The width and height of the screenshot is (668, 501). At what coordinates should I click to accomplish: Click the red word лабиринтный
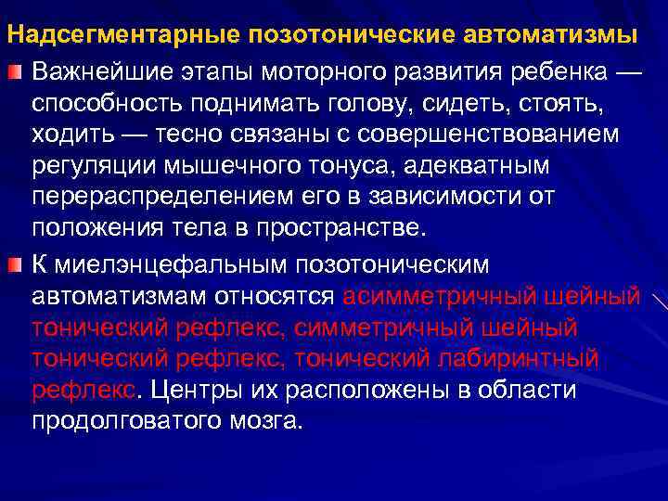pyautogui.click(x=523, y=359)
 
